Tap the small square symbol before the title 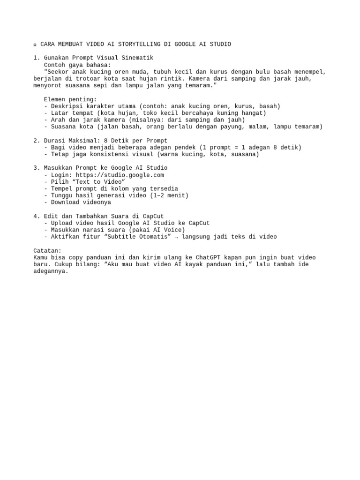pyautogui.click(x=35, y=45)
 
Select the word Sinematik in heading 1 pyautogui.click(x=137, y=58)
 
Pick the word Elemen pyautogui.click(x=56, y=99)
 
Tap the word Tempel pyautogui.click(x=62, y=188)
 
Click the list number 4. pyautogui.click(x=35, y=216)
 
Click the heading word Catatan pyautogui.click(x=47, y=251)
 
